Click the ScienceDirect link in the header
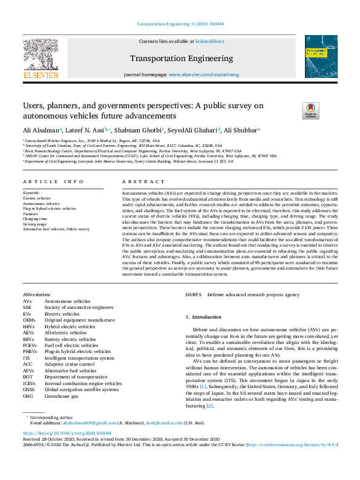[x=209, y=42]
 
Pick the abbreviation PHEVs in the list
[x=30, y=351]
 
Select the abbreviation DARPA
[x=194, y=294]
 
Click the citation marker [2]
[x=209, y=406]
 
